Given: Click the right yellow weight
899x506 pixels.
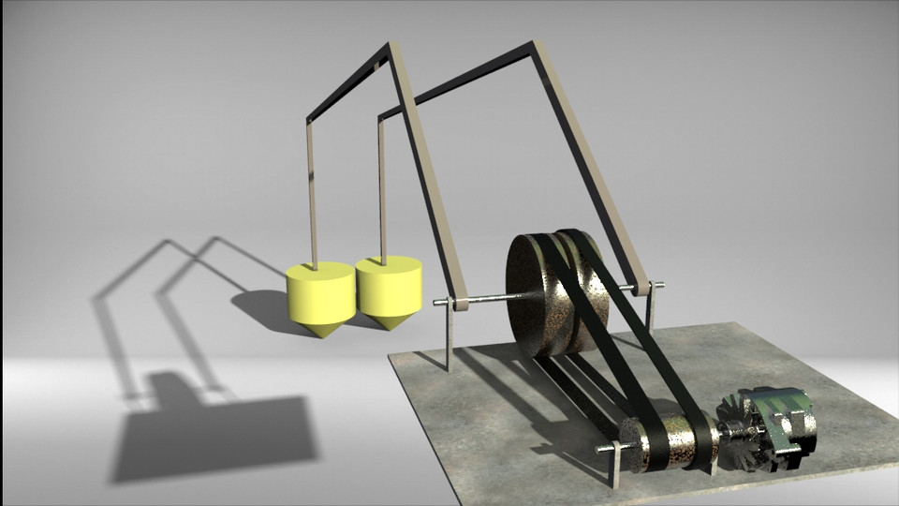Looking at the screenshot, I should [388, 285].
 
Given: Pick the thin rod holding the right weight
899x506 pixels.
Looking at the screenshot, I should [382, 187].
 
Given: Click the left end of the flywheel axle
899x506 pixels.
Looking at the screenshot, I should [439, 303].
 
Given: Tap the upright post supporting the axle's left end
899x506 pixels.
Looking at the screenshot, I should [450, 337].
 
